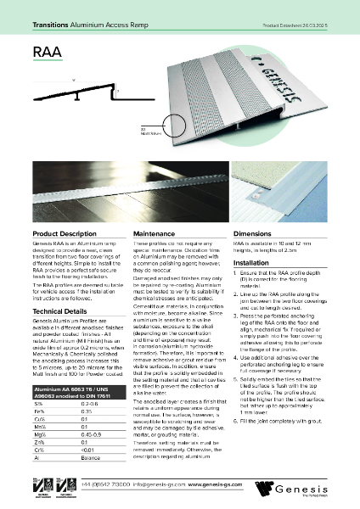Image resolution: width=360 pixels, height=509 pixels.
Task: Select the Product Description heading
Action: point(65,232)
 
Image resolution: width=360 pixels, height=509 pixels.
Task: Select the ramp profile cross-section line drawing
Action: point(76,93)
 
